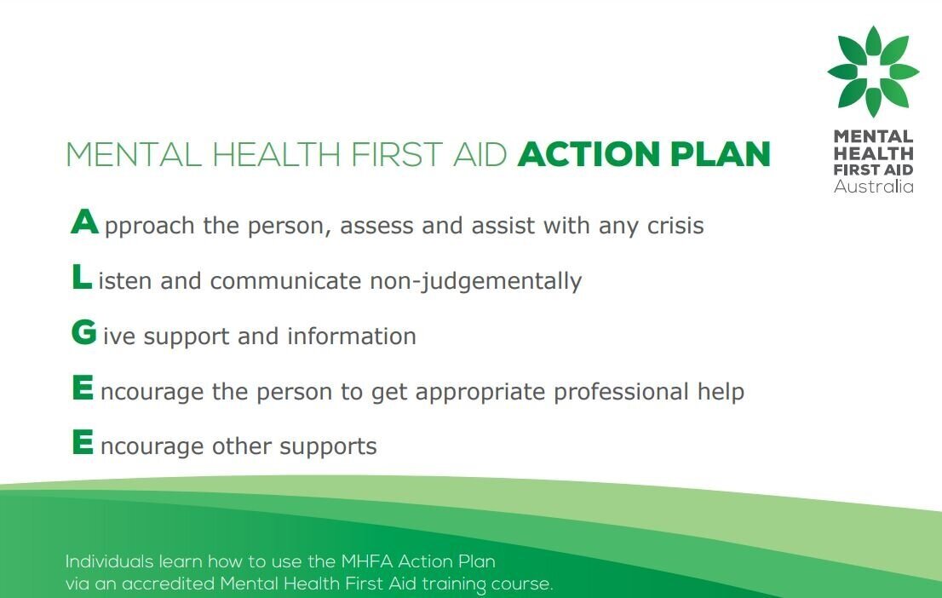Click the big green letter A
coord(85,222)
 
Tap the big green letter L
coord(82,277)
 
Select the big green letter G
coord(84,333)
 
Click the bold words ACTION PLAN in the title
coord(644,155)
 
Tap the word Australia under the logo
coord(873,187)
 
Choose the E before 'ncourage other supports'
coord(83,443)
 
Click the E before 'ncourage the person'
coord(83,388)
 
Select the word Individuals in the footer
coord(110,562)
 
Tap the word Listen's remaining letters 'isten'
coord(126,281)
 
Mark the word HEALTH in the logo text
coord(873,153)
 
